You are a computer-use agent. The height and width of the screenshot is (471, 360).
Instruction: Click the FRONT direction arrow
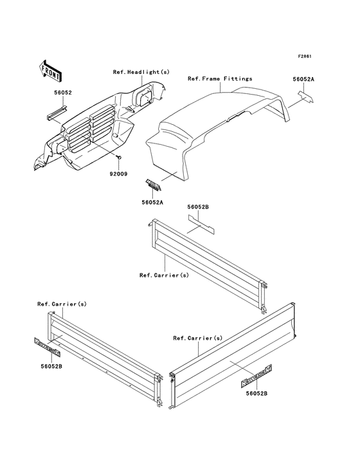[x=50, y=71]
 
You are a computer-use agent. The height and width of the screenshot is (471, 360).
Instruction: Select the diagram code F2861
[x=305, y=56]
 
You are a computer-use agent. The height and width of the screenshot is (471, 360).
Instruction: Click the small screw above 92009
[x=120, y=157]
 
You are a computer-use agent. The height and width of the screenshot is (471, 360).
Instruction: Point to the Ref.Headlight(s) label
[x=141, y=72]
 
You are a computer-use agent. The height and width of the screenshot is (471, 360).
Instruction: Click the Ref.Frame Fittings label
[x=220, y=78]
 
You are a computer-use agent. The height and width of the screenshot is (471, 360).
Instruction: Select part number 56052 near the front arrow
[x=63, y=93]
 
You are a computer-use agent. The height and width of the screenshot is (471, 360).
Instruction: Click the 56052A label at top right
[x=303, y=79]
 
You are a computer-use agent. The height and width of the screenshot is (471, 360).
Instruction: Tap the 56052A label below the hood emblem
[x=152, y=203]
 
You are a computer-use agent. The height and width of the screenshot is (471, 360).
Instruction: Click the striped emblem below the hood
[x=154, y=185]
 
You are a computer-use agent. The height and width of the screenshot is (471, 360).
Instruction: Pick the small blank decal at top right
[x=305, y=97]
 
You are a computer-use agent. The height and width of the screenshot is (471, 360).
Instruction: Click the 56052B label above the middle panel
[x=198, y=207]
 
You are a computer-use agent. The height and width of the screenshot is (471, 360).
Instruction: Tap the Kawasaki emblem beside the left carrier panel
[x=47, y=347]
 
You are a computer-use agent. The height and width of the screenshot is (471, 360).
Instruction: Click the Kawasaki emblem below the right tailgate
[x=256, y=375]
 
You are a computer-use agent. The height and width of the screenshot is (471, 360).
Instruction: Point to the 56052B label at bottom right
[x=256, y=393]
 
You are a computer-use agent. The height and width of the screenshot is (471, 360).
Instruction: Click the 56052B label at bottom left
[x=51, y=366]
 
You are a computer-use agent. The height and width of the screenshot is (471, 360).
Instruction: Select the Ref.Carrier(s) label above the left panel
[x=62, y=304]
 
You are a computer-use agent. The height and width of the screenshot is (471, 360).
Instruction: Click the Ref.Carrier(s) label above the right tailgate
[x=198, y=338]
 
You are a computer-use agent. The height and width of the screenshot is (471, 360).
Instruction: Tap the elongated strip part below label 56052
[x=57, y=113]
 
